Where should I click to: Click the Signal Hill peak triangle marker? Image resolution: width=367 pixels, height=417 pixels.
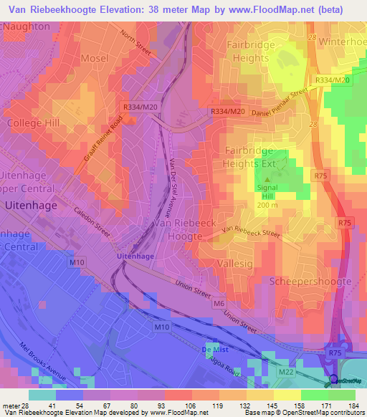268,180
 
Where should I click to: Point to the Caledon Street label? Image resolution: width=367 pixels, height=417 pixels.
92,221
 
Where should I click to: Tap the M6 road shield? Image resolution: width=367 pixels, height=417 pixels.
218,304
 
